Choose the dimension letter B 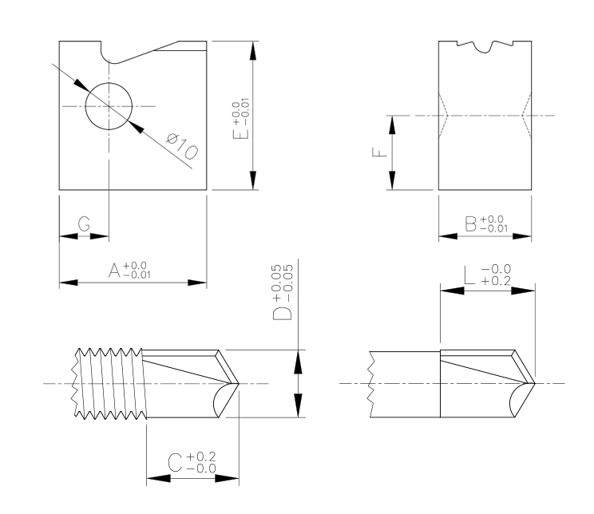[x=473, y=223]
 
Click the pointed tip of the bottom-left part [x=238, y=384]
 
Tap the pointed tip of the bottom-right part [x=533, y=384]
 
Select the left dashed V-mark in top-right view [x=445, y=116]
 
